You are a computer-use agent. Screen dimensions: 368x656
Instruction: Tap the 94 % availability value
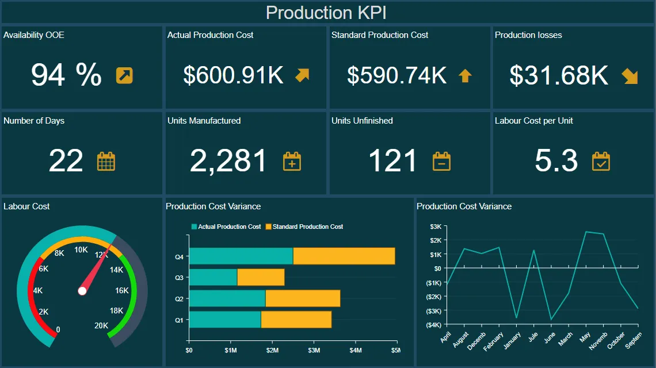point(66,75)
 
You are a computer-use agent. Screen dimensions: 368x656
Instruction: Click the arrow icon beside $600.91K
point(302,75)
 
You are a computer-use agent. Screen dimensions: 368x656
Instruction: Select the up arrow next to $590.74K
point(465,75)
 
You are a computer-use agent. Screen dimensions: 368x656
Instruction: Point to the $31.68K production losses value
point(559,75)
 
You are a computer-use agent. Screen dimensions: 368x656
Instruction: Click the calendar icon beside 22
point(106,162)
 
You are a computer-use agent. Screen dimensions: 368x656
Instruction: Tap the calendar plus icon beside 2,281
point(292,162)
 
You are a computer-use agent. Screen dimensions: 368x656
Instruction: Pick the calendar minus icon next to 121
point(441,162)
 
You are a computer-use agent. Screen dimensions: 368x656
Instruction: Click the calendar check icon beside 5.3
point(601,162)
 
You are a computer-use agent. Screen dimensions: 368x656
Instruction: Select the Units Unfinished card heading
point(362,121)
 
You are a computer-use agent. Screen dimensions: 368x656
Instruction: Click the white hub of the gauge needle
point(82,291)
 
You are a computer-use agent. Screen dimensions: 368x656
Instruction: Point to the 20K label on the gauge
point(101,325)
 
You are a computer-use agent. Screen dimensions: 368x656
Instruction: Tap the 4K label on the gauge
point(38,291)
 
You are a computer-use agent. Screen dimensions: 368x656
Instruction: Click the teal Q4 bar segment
point(241,256)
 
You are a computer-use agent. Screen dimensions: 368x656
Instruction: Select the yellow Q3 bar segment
point(261,278)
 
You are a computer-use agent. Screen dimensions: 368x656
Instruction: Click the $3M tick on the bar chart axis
point(314,350)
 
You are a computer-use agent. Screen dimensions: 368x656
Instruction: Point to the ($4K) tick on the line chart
point(433,325)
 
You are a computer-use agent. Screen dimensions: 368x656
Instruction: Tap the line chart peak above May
point(586,232)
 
